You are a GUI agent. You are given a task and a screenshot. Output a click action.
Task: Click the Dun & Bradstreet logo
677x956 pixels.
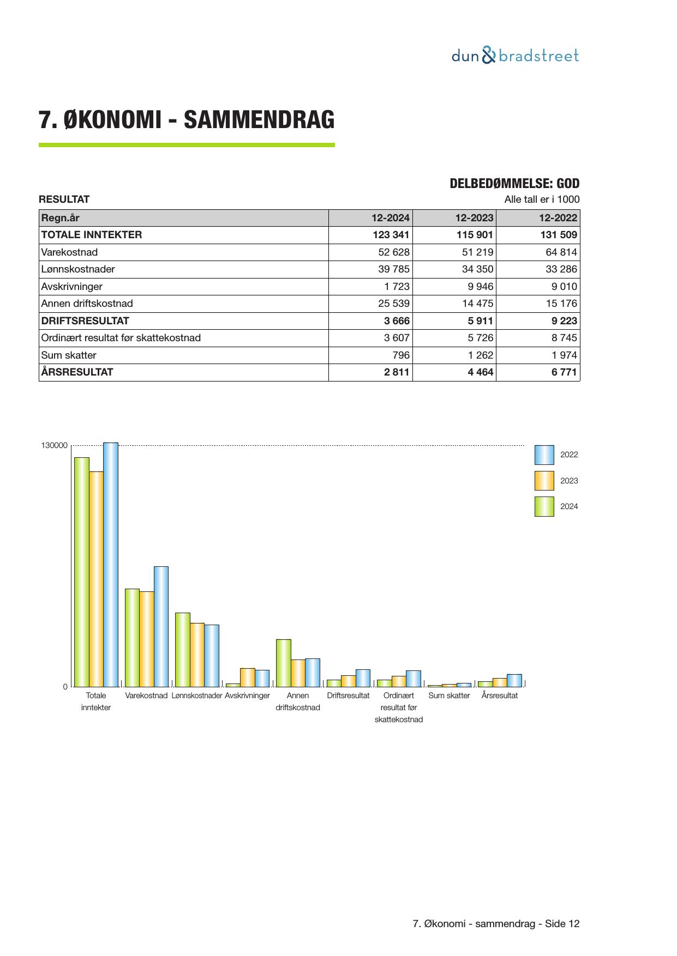(x=514, y=56)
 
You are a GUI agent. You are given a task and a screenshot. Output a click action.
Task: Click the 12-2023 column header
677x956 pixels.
(x=474, y=218)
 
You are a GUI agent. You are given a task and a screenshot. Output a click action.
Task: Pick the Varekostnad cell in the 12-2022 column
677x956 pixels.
(x=561, y=252)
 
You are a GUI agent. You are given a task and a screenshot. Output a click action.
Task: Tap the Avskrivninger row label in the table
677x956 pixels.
(x=71, y=287)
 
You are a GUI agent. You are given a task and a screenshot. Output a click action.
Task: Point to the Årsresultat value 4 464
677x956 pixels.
(x=480, y=372)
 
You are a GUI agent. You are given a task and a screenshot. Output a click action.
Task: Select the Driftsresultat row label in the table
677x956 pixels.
(x=85, y=321)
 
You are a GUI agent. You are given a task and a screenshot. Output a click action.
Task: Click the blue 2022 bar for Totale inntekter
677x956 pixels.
(x=111, y=564)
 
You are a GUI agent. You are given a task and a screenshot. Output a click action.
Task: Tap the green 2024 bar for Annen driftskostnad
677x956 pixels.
(x=283, y=663)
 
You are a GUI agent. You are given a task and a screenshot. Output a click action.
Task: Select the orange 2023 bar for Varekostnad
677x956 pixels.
(x=147, y=639)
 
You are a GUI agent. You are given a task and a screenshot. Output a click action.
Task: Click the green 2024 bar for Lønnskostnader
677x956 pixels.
(x=182, y=650)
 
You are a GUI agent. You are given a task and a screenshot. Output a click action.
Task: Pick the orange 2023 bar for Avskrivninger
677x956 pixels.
(x=248, y=677)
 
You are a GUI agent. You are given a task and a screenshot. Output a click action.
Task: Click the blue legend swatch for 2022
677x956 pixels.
(x=544, y=455)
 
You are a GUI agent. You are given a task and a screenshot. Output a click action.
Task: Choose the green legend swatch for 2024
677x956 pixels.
(x=544, y=506)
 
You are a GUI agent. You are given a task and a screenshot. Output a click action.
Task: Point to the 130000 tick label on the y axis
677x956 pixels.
(x=55, y=446)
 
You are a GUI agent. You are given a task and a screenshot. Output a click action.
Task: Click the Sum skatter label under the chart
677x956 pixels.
(x=449, y=695)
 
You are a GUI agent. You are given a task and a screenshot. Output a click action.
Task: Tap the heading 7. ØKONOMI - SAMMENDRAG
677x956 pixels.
(x=187, y=120)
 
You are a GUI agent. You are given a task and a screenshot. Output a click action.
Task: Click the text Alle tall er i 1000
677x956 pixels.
(x=542, y=199)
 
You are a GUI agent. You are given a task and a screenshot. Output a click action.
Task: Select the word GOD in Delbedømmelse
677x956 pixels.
(x=568, y=184)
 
